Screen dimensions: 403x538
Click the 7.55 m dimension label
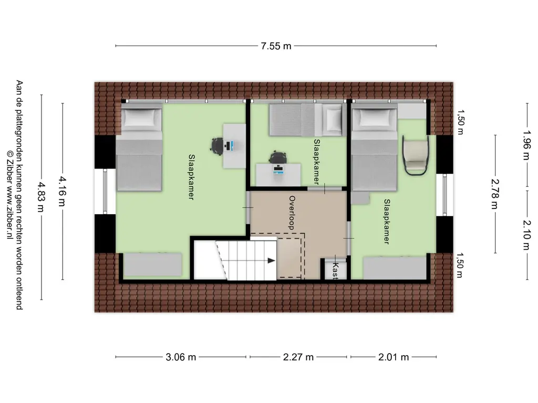(276, 46)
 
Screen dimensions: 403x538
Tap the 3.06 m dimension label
(181, 357)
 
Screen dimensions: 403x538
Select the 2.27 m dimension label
(298, 357)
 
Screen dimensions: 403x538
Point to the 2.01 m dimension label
(394, 357)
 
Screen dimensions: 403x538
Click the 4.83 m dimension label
(41, 197)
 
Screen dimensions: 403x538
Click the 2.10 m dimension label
(526, 234)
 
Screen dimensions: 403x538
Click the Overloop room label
(292, 213)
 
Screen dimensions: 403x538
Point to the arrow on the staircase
(271, 260)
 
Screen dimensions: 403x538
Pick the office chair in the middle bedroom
(278, 157)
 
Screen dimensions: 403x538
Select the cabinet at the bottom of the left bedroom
(153, 265)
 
